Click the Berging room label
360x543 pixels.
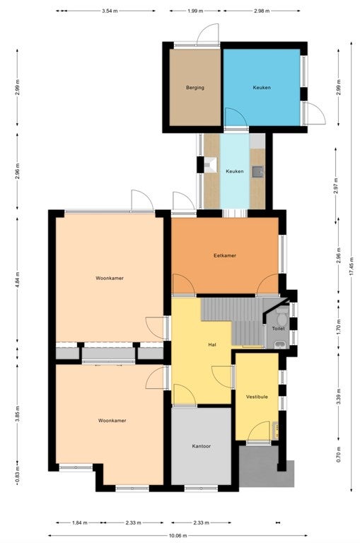(x=195, y=88)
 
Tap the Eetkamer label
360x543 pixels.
(x=225, y=255)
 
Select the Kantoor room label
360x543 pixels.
(x=202, y=446)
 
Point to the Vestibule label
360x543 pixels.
(x=257, y=397)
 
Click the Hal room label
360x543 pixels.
(x=212, y=344)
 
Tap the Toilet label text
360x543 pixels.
(x=278, y=328)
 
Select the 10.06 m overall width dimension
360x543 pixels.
(x=178, y=535)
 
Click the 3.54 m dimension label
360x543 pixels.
(x=110, y=11)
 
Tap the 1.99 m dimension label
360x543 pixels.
(x=195, y=11)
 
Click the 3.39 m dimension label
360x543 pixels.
(x=339, y=397)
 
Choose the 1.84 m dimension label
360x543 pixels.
(x=80, y=523)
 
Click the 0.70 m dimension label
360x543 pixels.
(x=339, y=455)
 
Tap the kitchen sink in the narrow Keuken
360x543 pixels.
(x=257, y=171)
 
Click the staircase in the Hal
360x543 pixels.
(x=232, y=320)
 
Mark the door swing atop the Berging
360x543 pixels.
(x=208, y=34)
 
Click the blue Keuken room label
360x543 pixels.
(x=262, y=88)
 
